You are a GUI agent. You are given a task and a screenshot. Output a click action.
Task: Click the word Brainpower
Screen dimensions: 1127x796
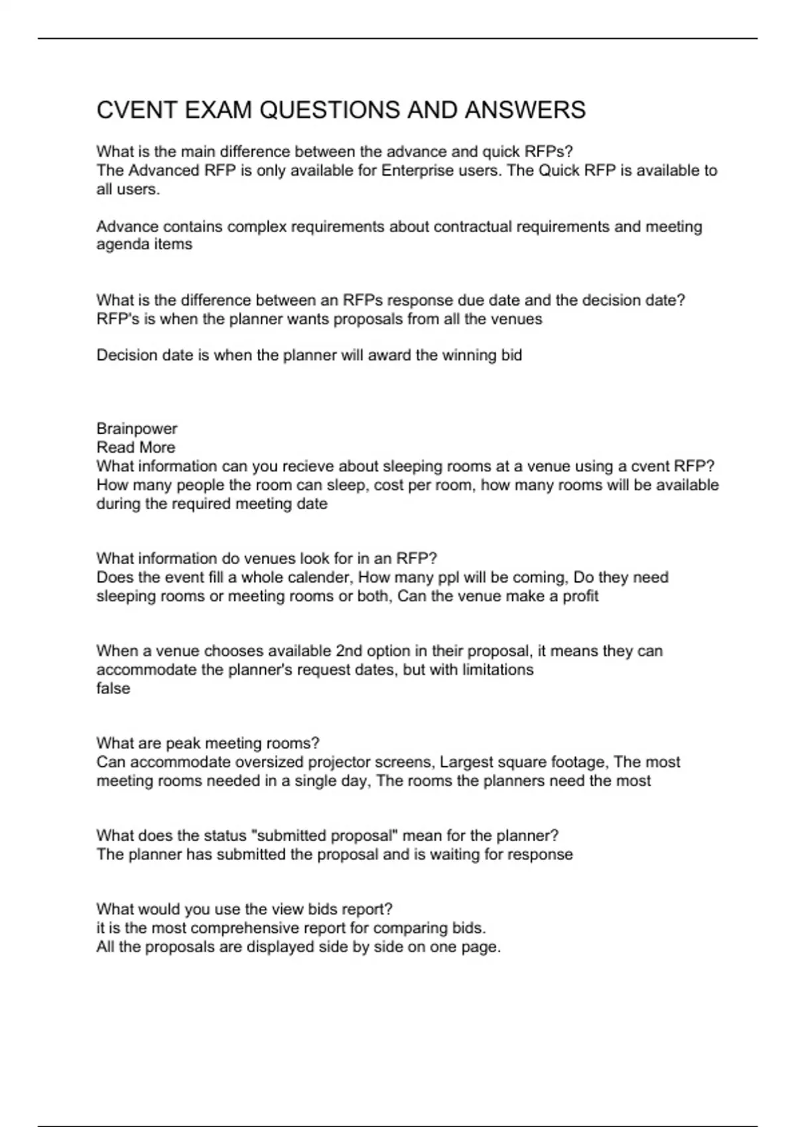tap(137, 429)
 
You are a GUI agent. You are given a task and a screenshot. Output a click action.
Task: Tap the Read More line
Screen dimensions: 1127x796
tap(136, 447)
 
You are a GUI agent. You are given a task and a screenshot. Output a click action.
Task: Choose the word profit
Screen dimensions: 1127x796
tap(580, 596)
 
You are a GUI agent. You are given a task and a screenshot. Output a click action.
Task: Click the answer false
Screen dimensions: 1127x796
tap(113, 689)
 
